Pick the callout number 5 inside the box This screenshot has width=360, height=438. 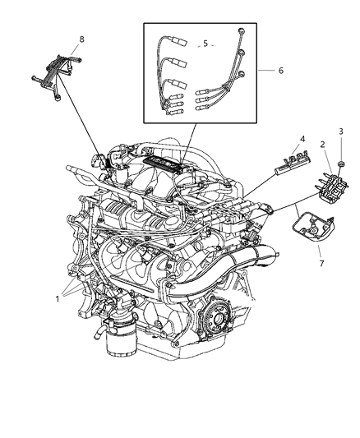point(206,44)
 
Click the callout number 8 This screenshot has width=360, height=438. point(81,39)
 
